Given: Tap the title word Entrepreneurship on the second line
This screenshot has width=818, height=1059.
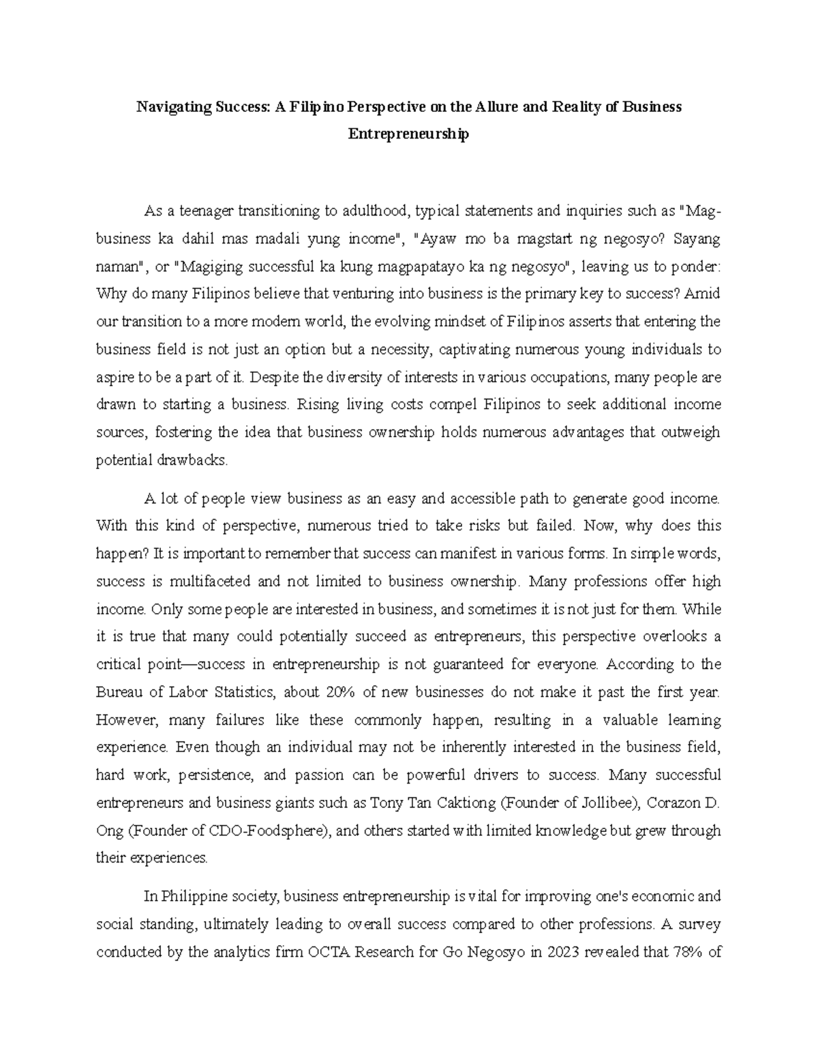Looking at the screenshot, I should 408,134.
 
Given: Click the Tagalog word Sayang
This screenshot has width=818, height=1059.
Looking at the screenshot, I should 697,239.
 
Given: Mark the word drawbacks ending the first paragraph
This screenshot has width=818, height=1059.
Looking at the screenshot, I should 193,460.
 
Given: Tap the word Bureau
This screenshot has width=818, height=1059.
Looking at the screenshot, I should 120,692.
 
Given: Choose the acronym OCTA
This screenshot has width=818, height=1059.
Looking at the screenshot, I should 333,952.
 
